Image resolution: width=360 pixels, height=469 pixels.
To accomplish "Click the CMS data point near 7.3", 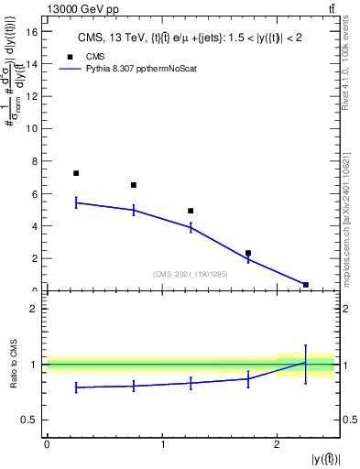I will pyautogui.click(x=76, y=173).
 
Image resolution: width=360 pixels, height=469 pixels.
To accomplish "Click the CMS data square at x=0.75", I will pyautogui.click(x=134, y=185).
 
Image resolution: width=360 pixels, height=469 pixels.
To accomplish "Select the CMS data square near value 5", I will pyautogui.click(x=191, y=211).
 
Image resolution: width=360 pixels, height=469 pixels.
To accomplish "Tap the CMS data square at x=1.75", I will pyautogui.click(x=248, y=253).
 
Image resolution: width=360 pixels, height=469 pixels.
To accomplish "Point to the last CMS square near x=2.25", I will pyautogui.click(x=306, y=285).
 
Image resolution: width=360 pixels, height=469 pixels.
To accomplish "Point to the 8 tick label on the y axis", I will pyautogui.click(x=35, y=161).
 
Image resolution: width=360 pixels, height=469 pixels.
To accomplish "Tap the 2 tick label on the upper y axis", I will pyautogui.click(x=35, y=258).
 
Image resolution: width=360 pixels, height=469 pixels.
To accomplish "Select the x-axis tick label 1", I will pyautogui.click(x=162, y=444).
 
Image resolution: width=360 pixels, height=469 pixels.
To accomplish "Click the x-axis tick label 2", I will pyautogui.click(x=277, y=444).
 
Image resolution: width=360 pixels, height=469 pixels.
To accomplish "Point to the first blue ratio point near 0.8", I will pyautogui.click(x=76, y=387).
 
